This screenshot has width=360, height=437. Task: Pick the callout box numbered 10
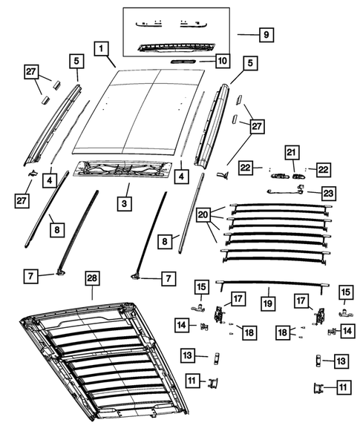(220, 59)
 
